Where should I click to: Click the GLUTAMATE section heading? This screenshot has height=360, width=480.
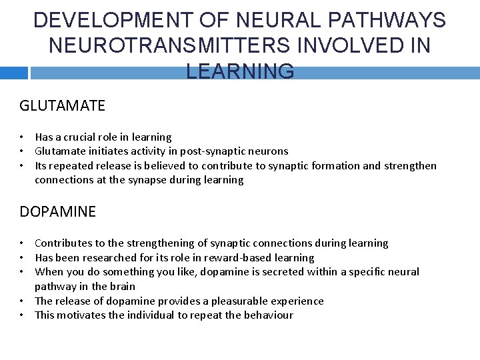[x=63, y=105]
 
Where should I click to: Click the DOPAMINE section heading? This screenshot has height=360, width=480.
[x=58, y=212]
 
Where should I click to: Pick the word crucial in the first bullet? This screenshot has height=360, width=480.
[x=82, y=137]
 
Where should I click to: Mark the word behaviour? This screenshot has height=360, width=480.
[x=266, y=315]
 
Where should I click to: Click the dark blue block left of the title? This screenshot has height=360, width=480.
[x=14, y=73]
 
